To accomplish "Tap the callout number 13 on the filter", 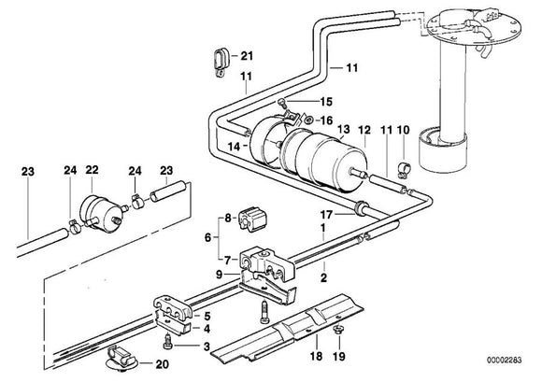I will (318, 130).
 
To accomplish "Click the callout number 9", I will (220, 275).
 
